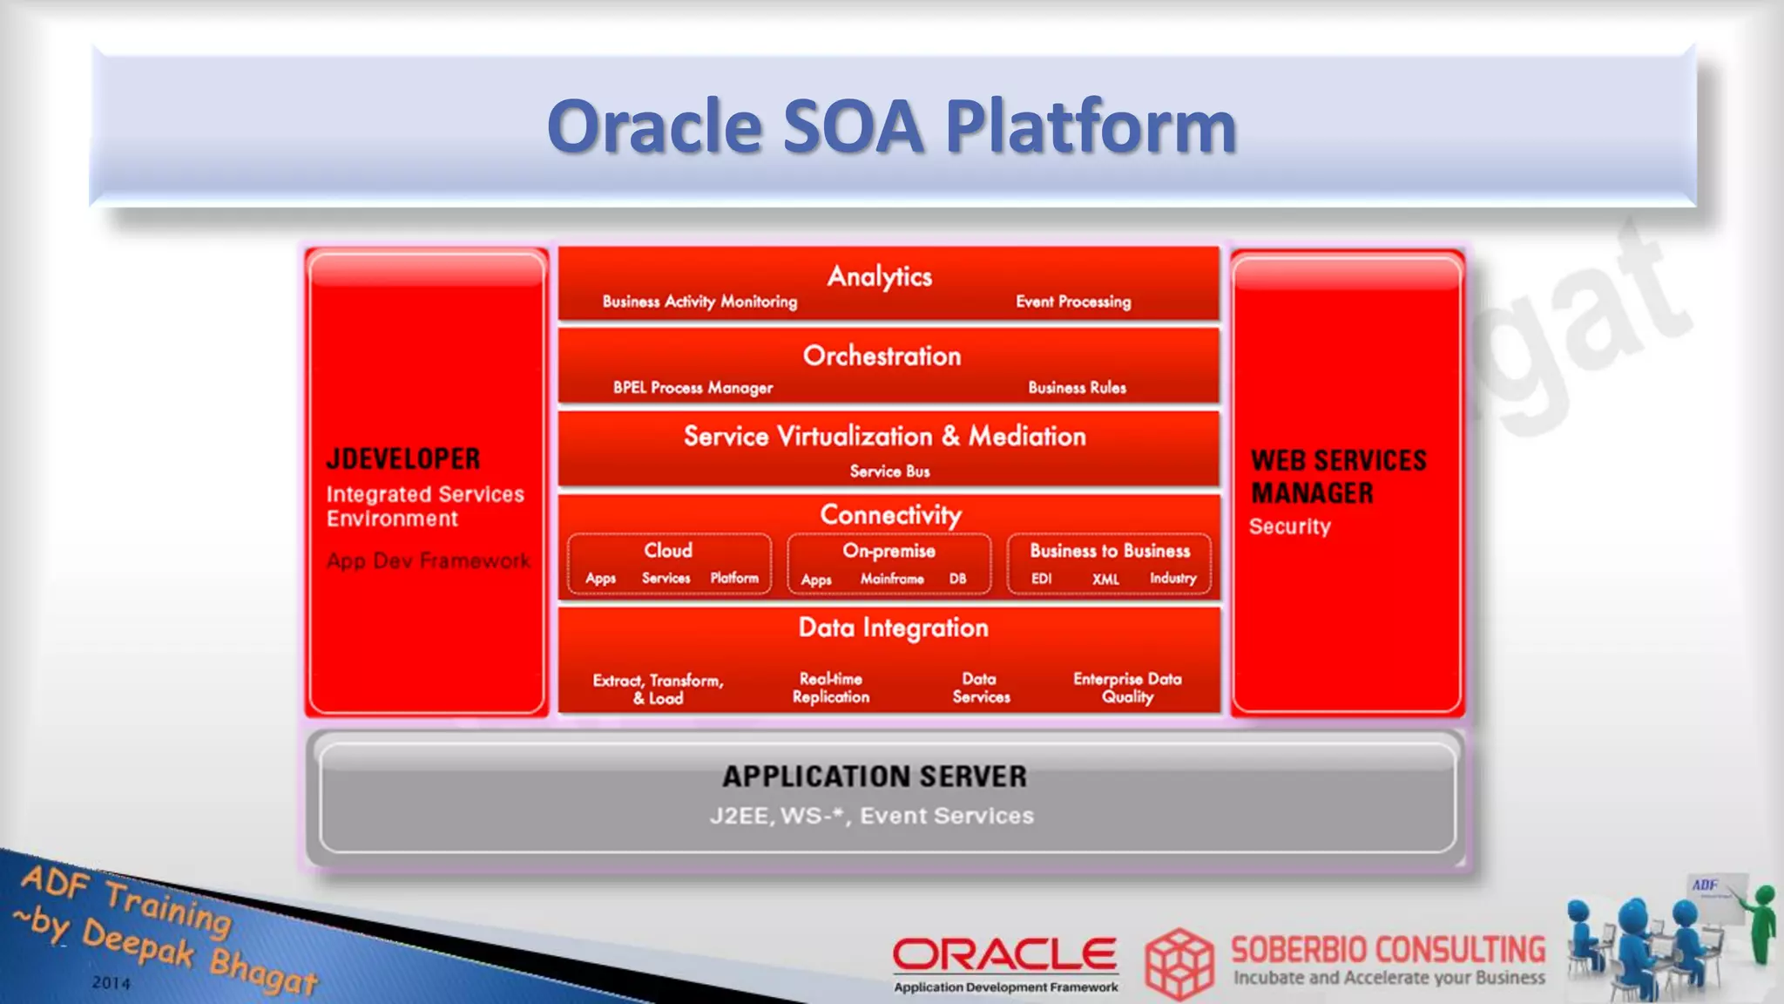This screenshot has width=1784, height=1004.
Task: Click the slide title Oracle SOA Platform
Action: coord(891,127)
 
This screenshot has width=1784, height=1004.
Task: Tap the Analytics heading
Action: coord(879,276)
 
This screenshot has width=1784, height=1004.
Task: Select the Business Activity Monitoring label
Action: coord(699,302)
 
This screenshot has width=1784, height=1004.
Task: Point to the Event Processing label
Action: coord(1073,302)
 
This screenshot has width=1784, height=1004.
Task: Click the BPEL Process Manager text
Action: coord(693,387)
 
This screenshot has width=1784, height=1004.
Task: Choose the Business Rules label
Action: coord(1077,387)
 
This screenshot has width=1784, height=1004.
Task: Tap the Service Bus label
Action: coord(889,471)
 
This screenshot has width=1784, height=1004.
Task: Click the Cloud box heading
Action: coord(668,551)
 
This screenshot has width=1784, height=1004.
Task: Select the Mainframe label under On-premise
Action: coord(892,579)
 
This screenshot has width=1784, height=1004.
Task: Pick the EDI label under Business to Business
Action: coord(1042,579)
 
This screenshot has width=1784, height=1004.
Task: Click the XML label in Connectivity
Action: coord(1105,579)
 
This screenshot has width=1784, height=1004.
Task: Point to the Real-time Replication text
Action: coord(831,688)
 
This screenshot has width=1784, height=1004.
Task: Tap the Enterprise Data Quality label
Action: coord(1127,688)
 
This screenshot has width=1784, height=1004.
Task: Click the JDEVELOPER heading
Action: coord(403,459)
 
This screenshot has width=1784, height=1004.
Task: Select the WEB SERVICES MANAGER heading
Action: coord(1338,477)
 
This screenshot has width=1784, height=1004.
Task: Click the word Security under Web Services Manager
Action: coord(1290,526)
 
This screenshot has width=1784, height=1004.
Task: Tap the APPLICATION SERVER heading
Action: coord(875,777)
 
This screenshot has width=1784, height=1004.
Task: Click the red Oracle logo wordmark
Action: coord(1004,954)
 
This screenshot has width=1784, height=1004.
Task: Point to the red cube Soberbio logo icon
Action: coord(1179,963)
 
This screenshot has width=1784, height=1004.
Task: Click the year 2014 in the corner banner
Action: coord(111,983)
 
